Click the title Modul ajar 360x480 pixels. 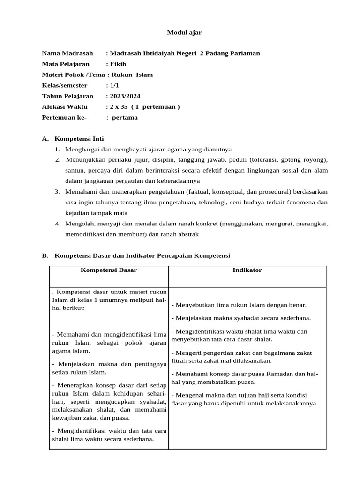pyautogui.click(x=184, y=32)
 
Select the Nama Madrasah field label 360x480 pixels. pyautogui.click(x=67, y=53)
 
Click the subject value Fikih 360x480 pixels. pyautogui.click(x=118, y=64)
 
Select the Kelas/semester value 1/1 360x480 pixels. pyautogui.click(x=114, y=86)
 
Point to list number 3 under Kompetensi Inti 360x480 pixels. pyautogui.click(x=57, y=192)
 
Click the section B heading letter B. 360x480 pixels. pyautogui.click(x=45, y=255)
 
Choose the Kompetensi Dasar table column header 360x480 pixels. pyautogui.click(x=109, y=270)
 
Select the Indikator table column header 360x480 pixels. pyautogui.click(x=247, y=270)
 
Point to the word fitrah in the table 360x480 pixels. pyautogui.click(x=180, y=361)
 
